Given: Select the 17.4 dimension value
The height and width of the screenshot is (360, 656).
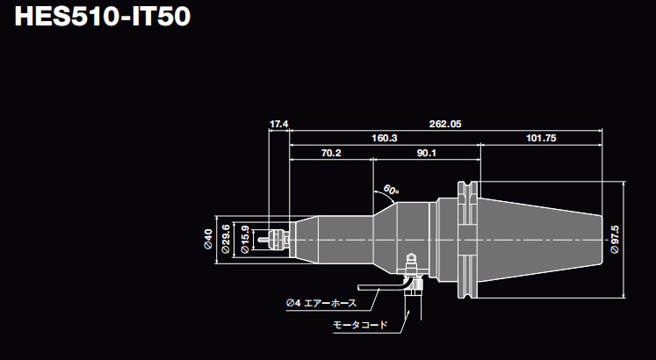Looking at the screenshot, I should pos(279,124).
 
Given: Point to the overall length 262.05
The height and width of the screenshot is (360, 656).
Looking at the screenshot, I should pos(445,124).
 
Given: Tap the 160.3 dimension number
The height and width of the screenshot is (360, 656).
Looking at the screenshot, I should pos(385,138).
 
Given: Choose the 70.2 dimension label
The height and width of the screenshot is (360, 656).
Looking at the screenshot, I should pos(331,153).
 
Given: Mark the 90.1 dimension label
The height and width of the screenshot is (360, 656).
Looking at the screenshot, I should pos(427,153).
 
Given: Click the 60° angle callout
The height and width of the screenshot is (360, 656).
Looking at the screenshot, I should pos(391,190).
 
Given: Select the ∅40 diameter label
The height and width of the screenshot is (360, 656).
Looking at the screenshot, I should pos(208,237).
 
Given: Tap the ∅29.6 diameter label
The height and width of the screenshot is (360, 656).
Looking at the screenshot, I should pos(226,238).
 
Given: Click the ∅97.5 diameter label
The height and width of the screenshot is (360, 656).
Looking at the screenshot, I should pos(614,239).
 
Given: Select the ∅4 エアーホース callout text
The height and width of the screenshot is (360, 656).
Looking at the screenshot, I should pos(321,303).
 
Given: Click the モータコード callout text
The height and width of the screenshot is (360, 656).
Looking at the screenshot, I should pos(360,325).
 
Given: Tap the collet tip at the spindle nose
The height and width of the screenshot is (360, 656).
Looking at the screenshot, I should pos(279,238).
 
